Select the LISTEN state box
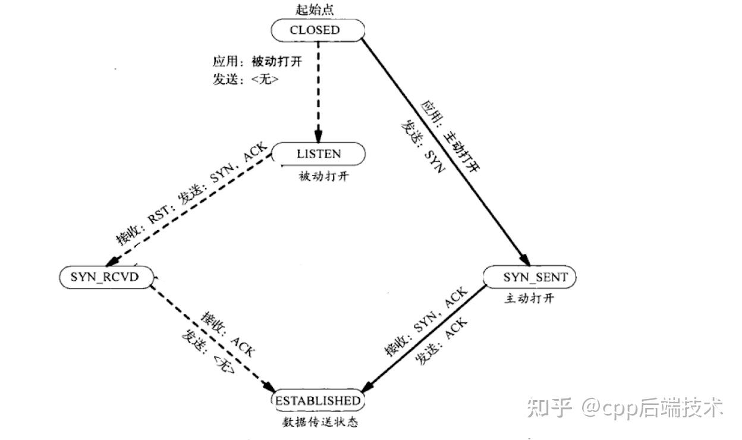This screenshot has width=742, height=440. (x=319, y=154)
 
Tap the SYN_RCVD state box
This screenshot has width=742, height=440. (x=106, y=276)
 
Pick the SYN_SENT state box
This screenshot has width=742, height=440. (x=530, y=277)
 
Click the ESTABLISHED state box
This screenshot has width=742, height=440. (x=317, y=401)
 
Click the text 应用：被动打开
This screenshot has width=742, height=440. (x=253, y=62)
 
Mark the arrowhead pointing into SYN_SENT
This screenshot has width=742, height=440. (x=524, y=259)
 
